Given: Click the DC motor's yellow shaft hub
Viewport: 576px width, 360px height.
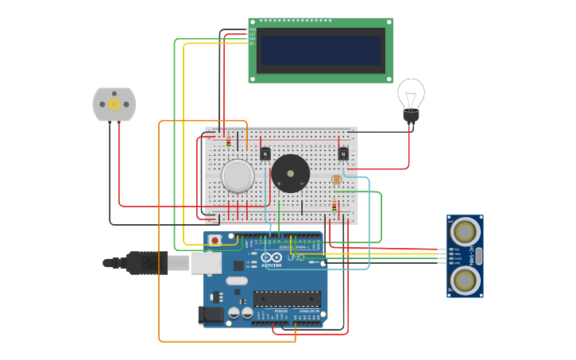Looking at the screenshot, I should coord(114,104).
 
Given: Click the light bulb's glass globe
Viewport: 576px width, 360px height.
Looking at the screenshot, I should coord(411,94).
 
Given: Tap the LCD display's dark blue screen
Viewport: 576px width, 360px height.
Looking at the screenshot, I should coord(321,49).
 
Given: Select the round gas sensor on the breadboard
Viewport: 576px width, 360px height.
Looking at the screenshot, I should coord(238,176).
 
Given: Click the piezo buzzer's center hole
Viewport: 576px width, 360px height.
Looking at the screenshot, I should coord(291,173).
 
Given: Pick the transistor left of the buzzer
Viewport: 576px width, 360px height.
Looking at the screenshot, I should coord(265,153).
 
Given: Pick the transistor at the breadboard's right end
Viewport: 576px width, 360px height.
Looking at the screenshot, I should coord(343,153).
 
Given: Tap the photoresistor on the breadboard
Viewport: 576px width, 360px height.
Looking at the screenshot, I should coord(336,180).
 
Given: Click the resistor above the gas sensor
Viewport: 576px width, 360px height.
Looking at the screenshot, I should coord(229,141).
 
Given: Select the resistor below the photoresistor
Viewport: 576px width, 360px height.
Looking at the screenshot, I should coord(334,207).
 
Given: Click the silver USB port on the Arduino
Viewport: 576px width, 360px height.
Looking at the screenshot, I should coord(206,262).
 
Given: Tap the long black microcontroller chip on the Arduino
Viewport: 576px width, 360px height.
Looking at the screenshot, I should coord(287,299).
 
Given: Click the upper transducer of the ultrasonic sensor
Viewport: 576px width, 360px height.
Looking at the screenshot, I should coord(465,231).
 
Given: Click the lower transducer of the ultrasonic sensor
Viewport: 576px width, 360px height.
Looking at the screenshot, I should coord(465,280).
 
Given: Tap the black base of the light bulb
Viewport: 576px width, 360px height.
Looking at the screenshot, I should coord(411,117).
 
